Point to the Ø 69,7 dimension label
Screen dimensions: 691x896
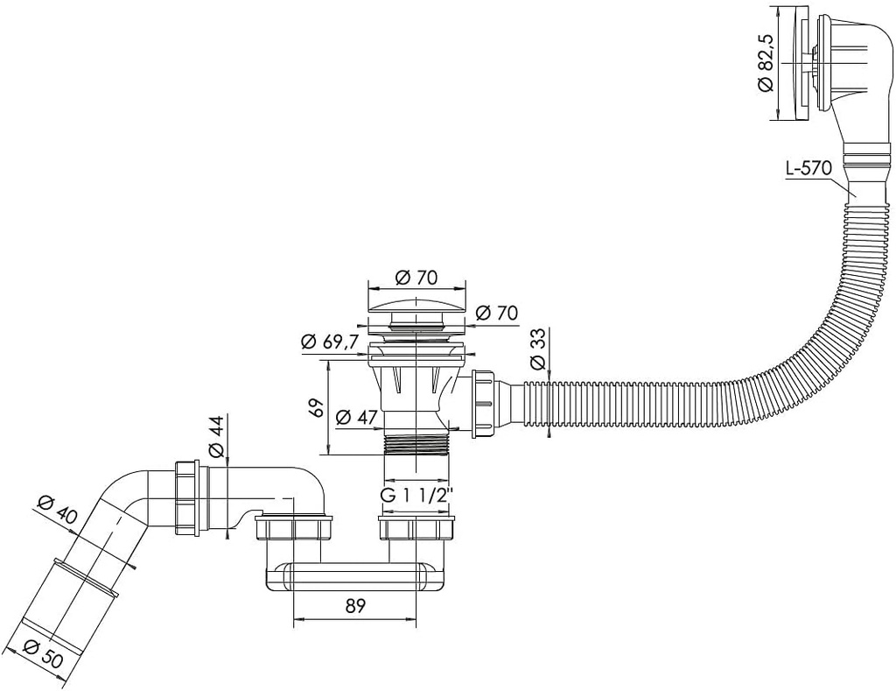pos(329,342)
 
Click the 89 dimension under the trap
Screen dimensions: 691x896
pos(353,604)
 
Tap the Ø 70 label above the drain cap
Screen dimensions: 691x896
pos(416,278)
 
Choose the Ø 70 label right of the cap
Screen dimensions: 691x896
pos(496,314)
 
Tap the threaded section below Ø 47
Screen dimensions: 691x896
pos(417,443)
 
